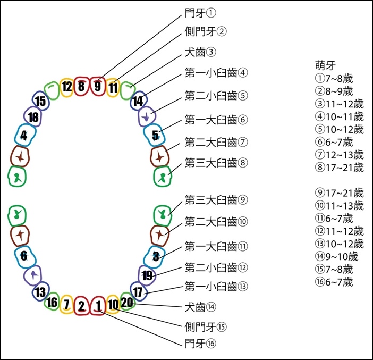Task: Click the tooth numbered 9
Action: click(98, 86)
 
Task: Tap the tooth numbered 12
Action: click(66, 87)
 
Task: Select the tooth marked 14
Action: click(139, 101)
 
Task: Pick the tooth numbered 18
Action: click(33, 116)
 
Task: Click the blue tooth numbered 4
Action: click(25, 135)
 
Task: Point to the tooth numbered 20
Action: click(128, 302)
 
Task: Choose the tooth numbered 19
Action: click(147, 275)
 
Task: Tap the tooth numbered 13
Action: click(41, 291)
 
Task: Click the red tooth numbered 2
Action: click(82, 306)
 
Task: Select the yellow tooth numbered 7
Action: click(67, 304)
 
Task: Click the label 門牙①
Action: click(200, 13)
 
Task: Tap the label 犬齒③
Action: click(200, 53)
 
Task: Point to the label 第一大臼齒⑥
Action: click(216, 120)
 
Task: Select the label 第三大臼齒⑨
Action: click(216, 200)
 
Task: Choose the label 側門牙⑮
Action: click(206, 327)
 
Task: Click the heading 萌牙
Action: click(325, 66)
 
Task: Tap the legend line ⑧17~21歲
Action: click(340, 168)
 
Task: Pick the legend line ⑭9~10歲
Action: click(337, 257)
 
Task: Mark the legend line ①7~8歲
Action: click(334, 78)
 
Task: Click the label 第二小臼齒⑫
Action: click(216, 268)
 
